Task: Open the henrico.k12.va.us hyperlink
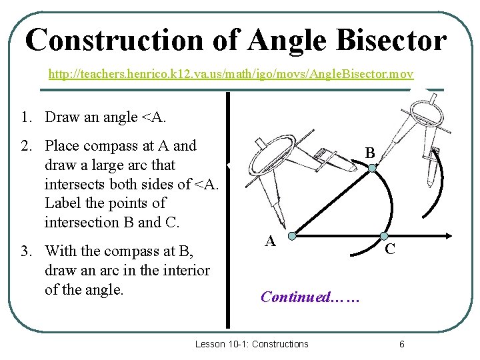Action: coord(231,72)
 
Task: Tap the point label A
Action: coord(270,241)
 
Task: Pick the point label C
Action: coord(391,249)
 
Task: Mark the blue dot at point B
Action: coord(372,169)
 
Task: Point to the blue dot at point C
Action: coord(384,236)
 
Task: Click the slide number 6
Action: coord(401,344)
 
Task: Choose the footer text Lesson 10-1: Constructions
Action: coord(251,344)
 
